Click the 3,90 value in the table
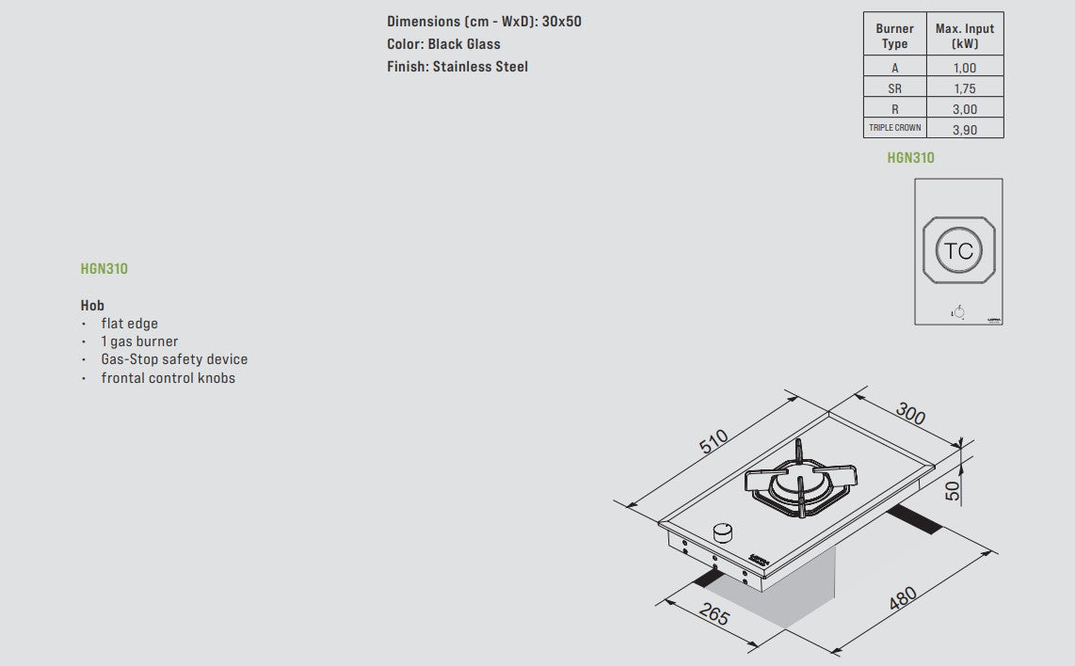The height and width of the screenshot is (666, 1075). tap(965, 130)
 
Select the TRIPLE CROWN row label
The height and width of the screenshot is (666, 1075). tap(894, 128)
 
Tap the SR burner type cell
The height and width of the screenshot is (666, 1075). tap(894, 88)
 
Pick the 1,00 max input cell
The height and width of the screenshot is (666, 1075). tap(965, 68)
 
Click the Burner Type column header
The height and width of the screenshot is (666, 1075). tap(894, 36)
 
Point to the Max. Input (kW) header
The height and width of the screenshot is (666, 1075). tap(965, 36)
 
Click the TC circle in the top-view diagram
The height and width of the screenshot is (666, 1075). tap(958, 251)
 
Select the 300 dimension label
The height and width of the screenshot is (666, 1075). tap(910, 412)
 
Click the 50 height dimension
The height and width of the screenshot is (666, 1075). tap(953, 490)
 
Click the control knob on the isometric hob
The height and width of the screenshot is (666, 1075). tap(724, 533)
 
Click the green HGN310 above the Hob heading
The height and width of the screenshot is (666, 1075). tap(104, 269)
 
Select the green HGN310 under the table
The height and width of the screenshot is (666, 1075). tap(910, 158)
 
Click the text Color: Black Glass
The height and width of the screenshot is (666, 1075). tap(443, 44)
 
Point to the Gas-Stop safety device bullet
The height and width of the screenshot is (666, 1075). tap(174, 359)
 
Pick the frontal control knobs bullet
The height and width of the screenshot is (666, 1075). tap(168, 378)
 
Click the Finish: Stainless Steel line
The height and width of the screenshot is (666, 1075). tap(457, 67)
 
